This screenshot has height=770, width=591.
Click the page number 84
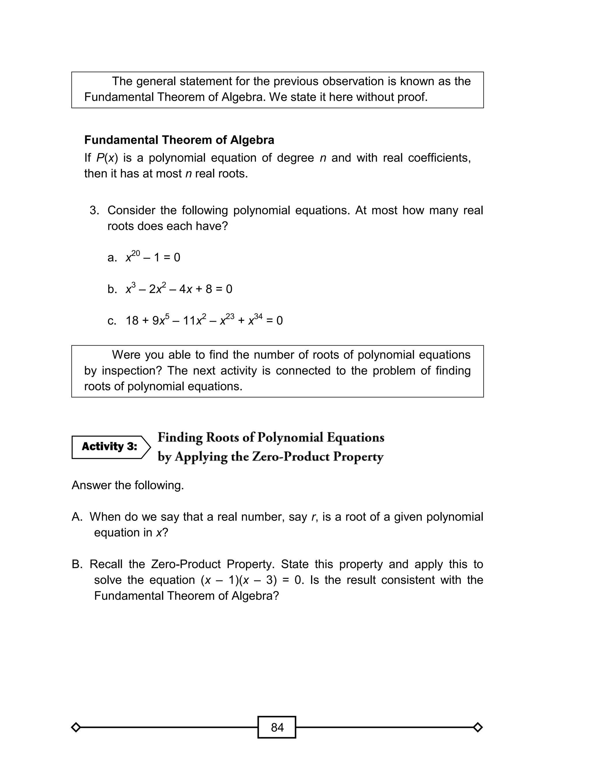coord(277,727)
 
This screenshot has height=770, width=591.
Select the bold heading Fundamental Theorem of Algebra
coord(179,140)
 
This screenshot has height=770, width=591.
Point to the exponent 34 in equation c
coord(258,316)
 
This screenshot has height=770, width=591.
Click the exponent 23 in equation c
coord(230,316)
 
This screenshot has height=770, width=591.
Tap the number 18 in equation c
coord(132,321)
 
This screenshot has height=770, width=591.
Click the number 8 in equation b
coord(209,289)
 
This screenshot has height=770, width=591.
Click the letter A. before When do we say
coord(77,517)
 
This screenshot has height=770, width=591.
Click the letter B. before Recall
coord(77,564)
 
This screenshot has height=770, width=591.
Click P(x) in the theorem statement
coord(107,158)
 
